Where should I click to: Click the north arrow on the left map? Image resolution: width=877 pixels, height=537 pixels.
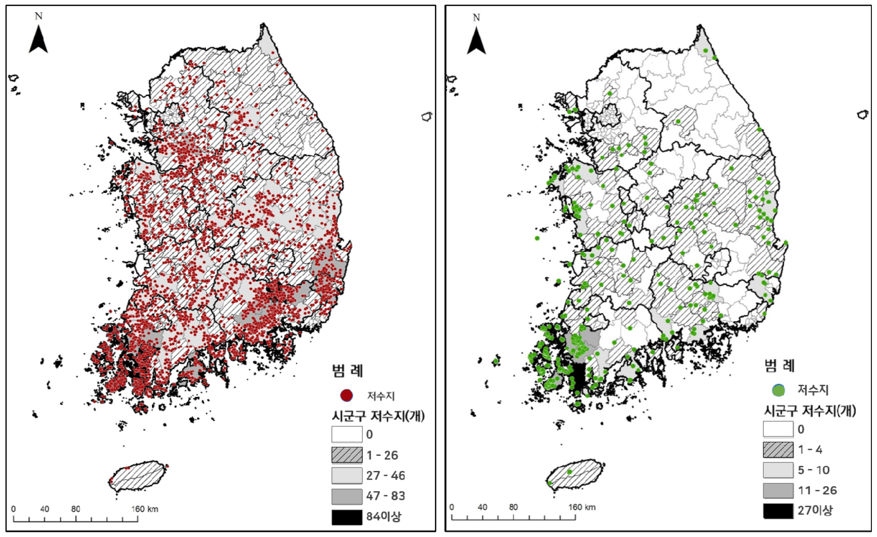click(x=38, y=39)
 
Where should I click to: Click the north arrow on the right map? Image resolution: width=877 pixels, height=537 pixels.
click(x=476, y=40)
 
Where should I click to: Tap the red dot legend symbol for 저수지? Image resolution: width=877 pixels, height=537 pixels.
click(x=346, y=395)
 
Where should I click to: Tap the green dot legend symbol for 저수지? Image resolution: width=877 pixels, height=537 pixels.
click(x=778, y=390)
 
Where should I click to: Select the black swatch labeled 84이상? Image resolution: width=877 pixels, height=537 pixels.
click(x=347, y=517)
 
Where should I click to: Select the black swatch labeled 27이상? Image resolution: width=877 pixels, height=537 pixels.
click(x=778, y=511)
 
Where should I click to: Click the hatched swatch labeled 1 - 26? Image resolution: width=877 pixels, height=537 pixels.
click(x=347, y=455)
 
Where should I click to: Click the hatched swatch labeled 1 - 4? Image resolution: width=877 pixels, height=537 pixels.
click(x=778, y=450)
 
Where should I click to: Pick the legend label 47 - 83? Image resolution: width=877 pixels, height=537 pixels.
click(x=385, y=496)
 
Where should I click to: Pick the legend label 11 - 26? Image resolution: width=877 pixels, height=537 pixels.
click(x=817, y=490)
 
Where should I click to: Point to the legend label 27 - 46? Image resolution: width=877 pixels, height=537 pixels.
click(x=385, y=476)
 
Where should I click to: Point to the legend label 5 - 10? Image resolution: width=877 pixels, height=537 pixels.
click(x=814, y=470)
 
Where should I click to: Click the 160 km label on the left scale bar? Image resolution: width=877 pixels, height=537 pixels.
click(x=145, y=509)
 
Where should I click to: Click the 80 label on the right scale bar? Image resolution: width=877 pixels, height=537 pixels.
click(x=513, y=507)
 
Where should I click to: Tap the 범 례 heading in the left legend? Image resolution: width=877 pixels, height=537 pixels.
click(x=348, y=371)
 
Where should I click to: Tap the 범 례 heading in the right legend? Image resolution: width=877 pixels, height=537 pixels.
click(x=779, y=365)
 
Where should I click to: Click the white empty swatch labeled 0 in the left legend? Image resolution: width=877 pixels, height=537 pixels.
click(x=347, y=434)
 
